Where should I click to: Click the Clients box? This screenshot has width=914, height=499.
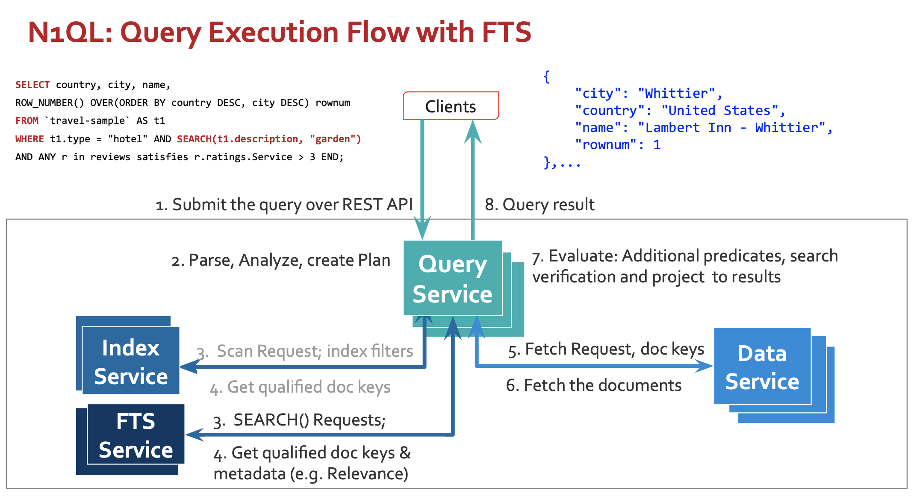click(451, 106)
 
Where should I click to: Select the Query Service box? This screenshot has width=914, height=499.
click(453, 278)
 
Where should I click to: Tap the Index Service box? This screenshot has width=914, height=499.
click(130, 361)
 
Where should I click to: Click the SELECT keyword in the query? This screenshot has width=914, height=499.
click(32, 85)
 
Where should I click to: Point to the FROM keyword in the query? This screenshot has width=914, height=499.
click(27, 120)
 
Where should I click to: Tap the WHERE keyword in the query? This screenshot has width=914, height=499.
click(29, 139)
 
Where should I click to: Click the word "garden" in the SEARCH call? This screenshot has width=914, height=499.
click(333, 139)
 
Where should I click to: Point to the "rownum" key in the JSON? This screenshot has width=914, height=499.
click(606, 144)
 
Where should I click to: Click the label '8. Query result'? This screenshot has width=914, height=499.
click(540, 205)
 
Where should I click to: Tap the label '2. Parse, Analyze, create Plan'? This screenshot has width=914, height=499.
click(281, 260)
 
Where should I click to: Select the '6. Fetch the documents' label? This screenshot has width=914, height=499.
click(593, 385)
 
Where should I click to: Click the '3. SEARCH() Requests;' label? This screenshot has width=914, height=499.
click(300, 420)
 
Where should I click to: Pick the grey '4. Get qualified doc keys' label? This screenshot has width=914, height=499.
click(300, 387)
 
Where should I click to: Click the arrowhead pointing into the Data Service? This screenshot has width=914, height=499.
click(705, 366)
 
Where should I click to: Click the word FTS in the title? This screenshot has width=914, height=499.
click(507, 32)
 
